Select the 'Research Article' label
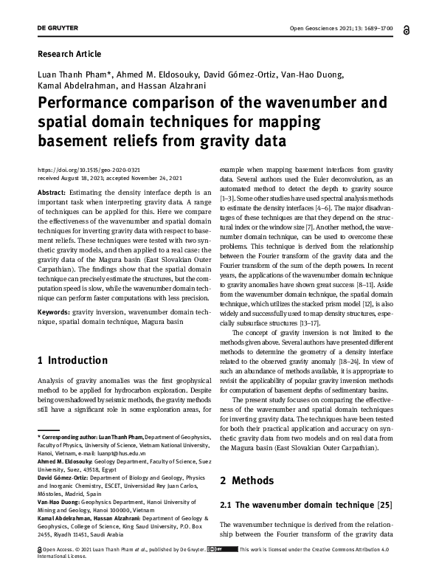[69, 54]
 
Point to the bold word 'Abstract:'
[53, 192]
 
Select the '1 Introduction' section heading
[72, 361]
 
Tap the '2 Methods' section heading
[248, 480]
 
